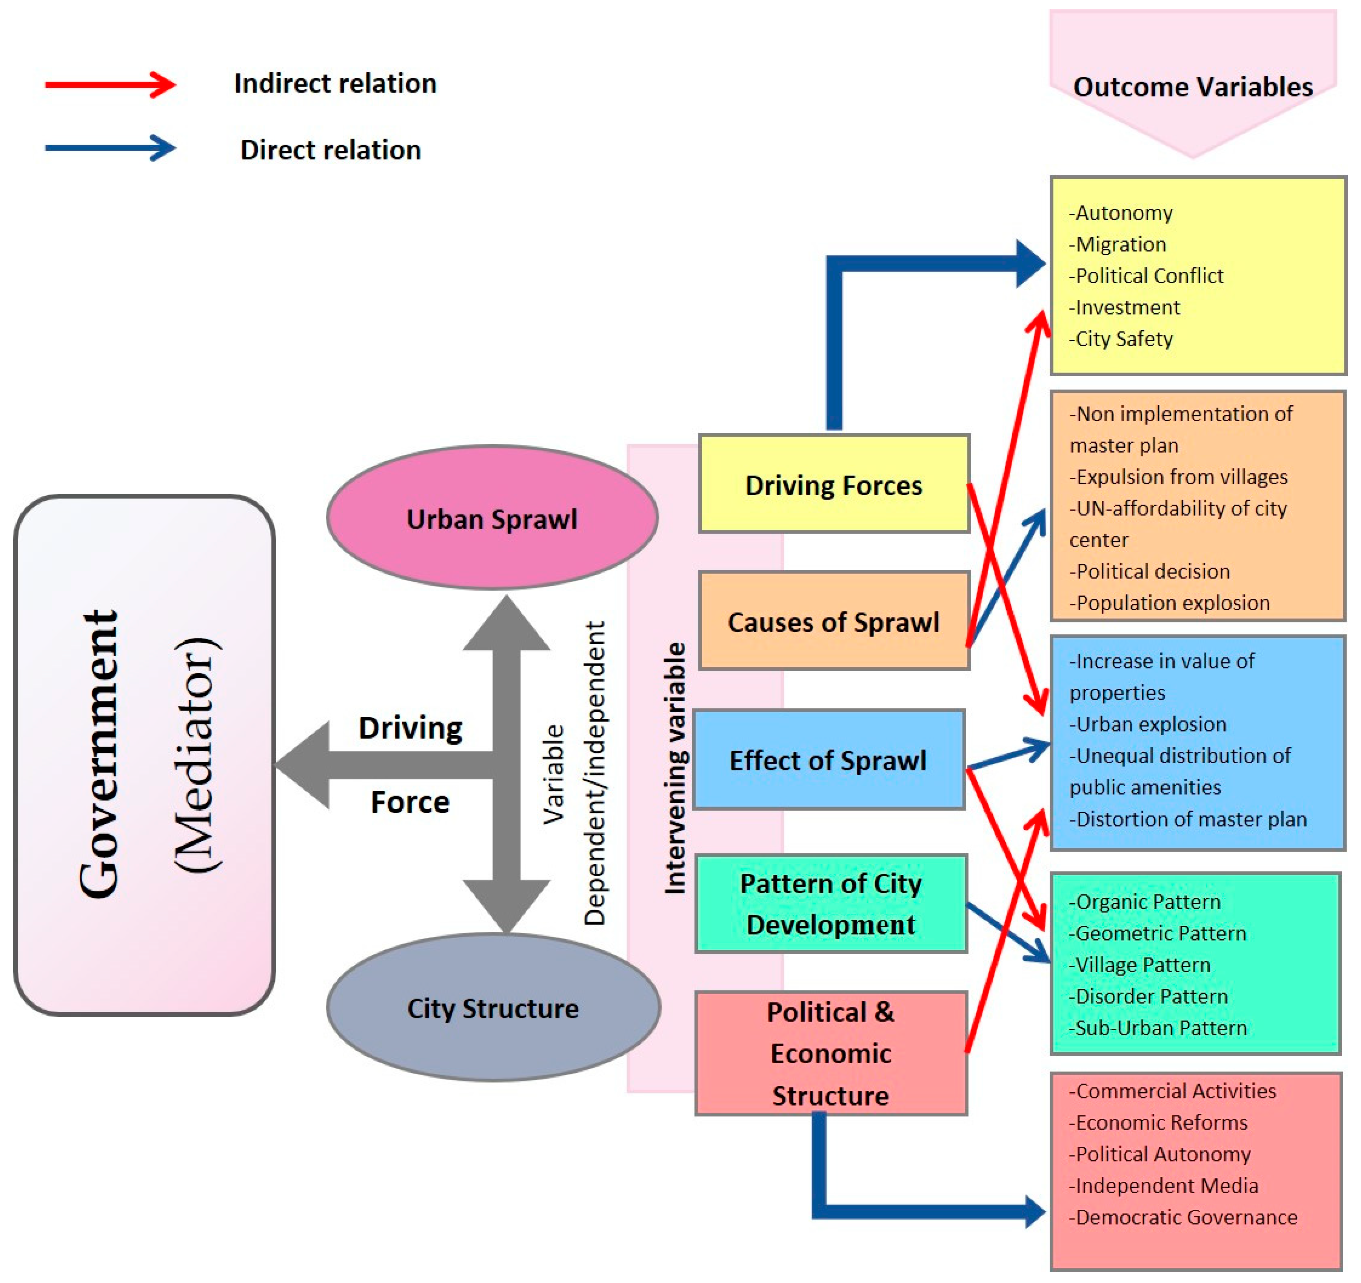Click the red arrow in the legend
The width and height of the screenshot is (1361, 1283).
click(x=109, y=85)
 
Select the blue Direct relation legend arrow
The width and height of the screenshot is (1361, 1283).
click(x=109, y=148)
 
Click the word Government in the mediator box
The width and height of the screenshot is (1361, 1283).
click(x=99, y=753)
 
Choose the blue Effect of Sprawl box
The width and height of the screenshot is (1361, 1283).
click(x=828, y=760)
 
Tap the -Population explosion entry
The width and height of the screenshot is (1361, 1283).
click(x=1169, y=603)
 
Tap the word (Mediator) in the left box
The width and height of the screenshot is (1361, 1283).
click(x=197, y=753)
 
